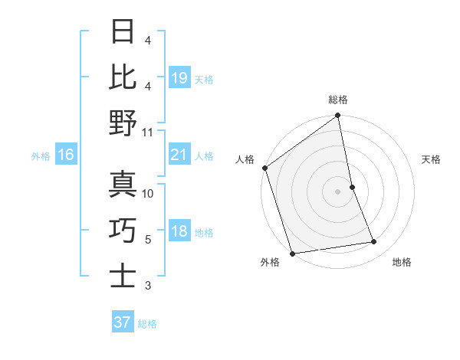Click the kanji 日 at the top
(123, 33)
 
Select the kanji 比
(123, 77)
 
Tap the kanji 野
(123, 123)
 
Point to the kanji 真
(123, 185)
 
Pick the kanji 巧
(123, 231)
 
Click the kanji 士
(123, 277)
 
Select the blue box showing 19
(179, 78)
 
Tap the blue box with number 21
(179, 155)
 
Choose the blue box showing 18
(179, 232)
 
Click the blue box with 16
(65, 155)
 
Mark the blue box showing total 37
(122, 322)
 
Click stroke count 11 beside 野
(148, 132)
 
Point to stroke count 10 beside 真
(148, 194)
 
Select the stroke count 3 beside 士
(148, 286)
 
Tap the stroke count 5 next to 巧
(148, 240)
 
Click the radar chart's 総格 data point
(338, 116)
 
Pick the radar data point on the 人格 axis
(265, 168)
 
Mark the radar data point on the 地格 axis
(374, 242)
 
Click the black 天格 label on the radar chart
(432, 159)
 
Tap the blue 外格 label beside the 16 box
(41, 156)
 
